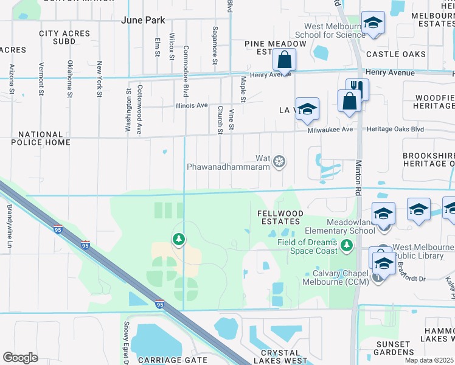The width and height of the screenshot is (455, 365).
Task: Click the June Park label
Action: point(143,20)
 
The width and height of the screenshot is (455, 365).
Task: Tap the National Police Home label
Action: point(40,138)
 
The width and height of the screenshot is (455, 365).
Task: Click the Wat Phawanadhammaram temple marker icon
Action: point(279,161)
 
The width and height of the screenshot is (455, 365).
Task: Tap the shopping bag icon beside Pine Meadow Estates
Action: point(284,60)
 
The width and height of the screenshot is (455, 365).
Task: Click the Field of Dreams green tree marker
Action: point(347,245)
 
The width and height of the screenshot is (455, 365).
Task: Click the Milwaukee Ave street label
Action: point(330,130)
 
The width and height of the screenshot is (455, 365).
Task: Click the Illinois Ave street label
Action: point(192,105)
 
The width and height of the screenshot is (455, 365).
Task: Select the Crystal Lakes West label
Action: point(280,356)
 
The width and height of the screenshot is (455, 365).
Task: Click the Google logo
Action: point(20,358)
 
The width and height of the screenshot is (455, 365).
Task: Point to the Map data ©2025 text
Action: point(429,360)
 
